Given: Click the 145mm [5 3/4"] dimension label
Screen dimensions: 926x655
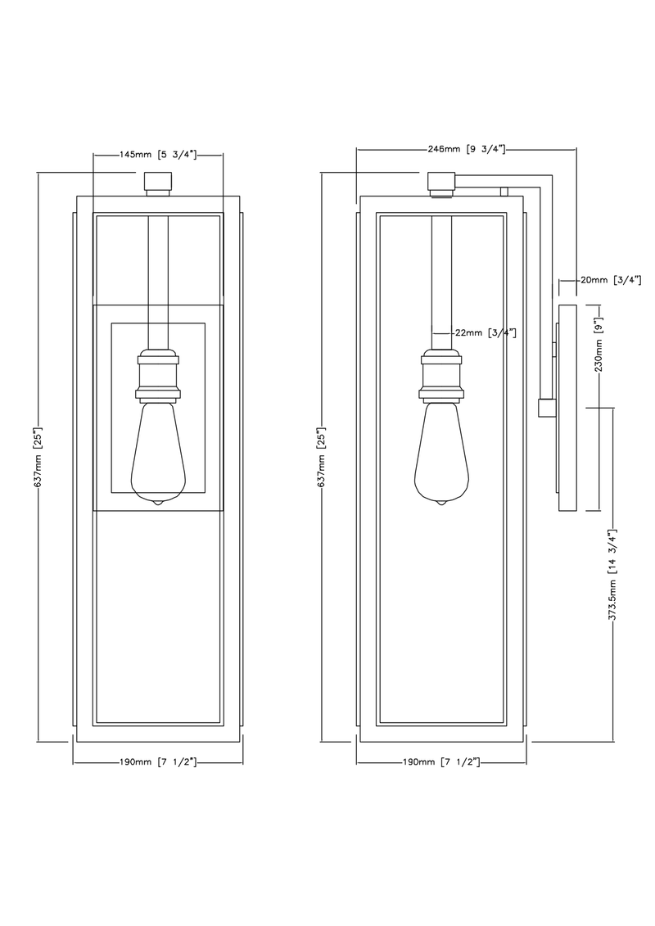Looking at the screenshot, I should pyautogui.click(x=159, y=154).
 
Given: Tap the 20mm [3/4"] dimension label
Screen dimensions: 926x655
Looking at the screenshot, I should pyautogui.click(x=610, y=280).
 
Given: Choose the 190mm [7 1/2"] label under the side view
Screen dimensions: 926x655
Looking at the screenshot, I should pyautogui.click(x=441, y=762).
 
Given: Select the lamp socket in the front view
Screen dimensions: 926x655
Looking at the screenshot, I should pyautogui.click(x=159, y=375).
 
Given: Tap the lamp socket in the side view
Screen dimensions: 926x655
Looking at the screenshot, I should pyautogui.click(x=441, y=375).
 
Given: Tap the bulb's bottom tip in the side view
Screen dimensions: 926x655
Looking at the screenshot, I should pyautogui.click(x=441, y=502).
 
